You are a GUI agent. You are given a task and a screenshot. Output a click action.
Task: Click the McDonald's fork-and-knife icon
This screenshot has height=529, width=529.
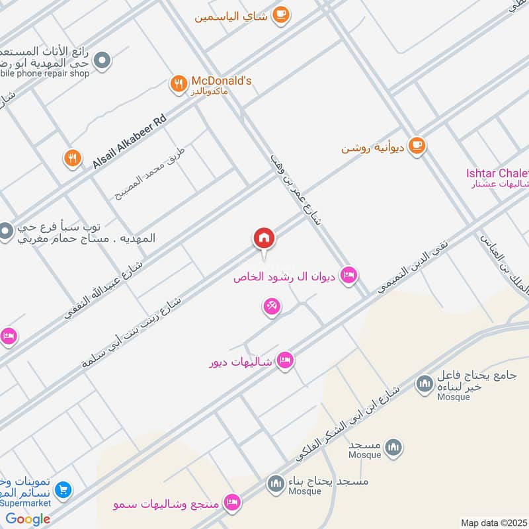[x=177, y=83]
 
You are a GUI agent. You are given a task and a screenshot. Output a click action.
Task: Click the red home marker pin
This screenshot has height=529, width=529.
[x=264, y=238]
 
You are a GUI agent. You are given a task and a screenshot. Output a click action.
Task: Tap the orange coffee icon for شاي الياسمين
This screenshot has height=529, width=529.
[x=281, y=15]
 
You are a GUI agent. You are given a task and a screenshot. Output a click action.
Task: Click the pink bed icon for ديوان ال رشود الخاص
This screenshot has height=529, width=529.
[x=348, y=274]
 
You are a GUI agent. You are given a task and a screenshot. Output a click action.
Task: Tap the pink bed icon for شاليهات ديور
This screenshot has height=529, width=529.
[x=285, y=360]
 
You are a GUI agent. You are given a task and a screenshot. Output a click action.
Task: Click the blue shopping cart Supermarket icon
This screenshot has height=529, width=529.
[x=63, y=490]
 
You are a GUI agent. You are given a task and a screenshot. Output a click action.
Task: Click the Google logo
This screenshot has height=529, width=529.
[x=28, y=518]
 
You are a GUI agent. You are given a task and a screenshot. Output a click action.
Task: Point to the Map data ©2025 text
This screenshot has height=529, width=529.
[x=492, y=522]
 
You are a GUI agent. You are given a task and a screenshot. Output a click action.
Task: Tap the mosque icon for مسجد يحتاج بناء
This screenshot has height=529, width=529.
[x=275, y=485]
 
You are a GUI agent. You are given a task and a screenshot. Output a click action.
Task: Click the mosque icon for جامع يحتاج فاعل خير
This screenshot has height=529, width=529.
[x=424, y=384]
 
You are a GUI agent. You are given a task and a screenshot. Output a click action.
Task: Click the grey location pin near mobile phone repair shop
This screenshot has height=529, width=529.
[x=102, y=61]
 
